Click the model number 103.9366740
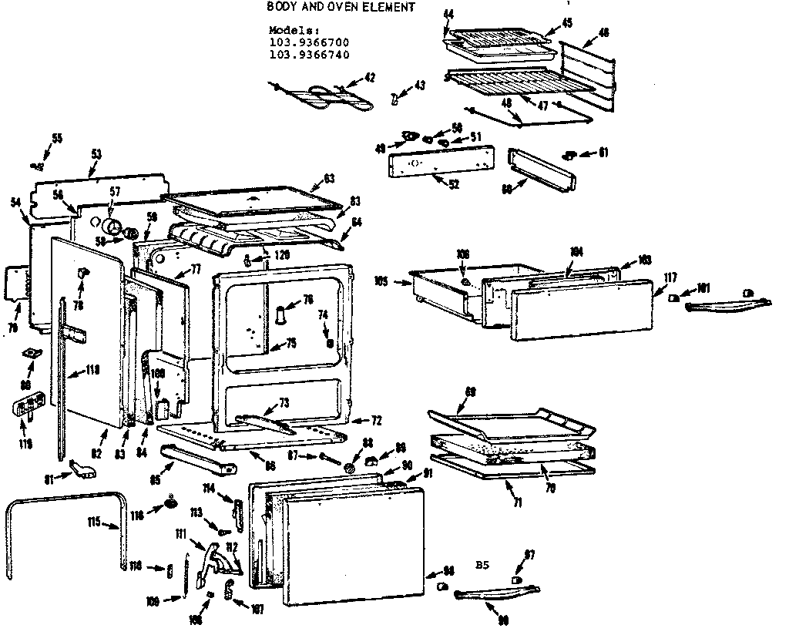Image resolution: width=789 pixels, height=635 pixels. point(309,55)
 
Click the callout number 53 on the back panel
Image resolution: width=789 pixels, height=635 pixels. point(96,154)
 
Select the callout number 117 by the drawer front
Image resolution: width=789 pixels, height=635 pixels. point(670,278)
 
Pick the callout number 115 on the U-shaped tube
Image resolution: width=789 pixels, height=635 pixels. point(94,523)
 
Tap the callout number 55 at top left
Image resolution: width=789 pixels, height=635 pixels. point(57,139)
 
